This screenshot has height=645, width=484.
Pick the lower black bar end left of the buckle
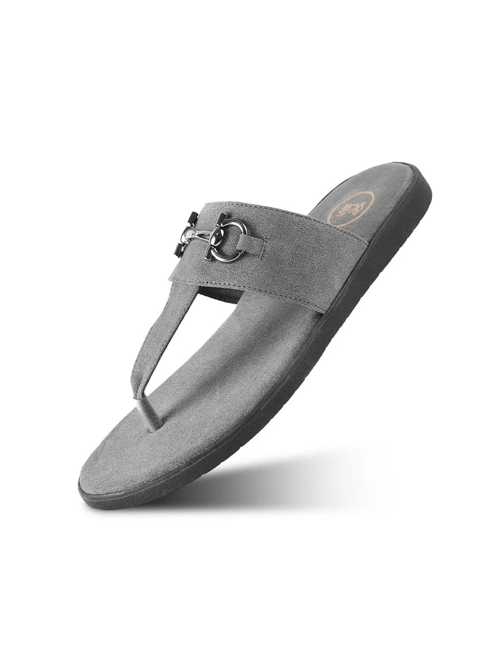click(x=176, y=251)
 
